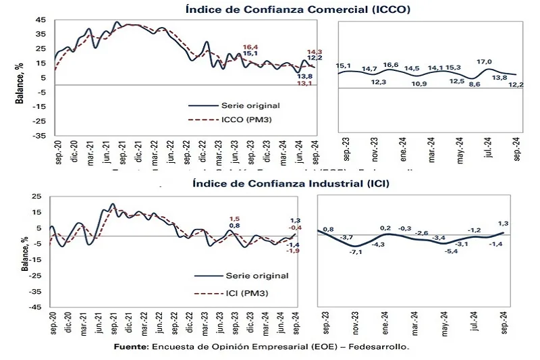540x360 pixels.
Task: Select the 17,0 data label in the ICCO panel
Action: (484, 62)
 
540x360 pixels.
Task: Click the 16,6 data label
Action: (391, 65)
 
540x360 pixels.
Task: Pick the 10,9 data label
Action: (419, 84)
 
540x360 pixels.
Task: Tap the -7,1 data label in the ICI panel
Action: (356, 252)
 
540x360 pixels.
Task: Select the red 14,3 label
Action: (315, 52)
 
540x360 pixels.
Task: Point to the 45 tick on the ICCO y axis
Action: (40, 19)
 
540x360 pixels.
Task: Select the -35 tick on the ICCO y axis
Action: (38, 135)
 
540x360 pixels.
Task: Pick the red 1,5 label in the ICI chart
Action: (234, 219)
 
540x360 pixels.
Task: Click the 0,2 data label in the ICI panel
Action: (386, 229)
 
